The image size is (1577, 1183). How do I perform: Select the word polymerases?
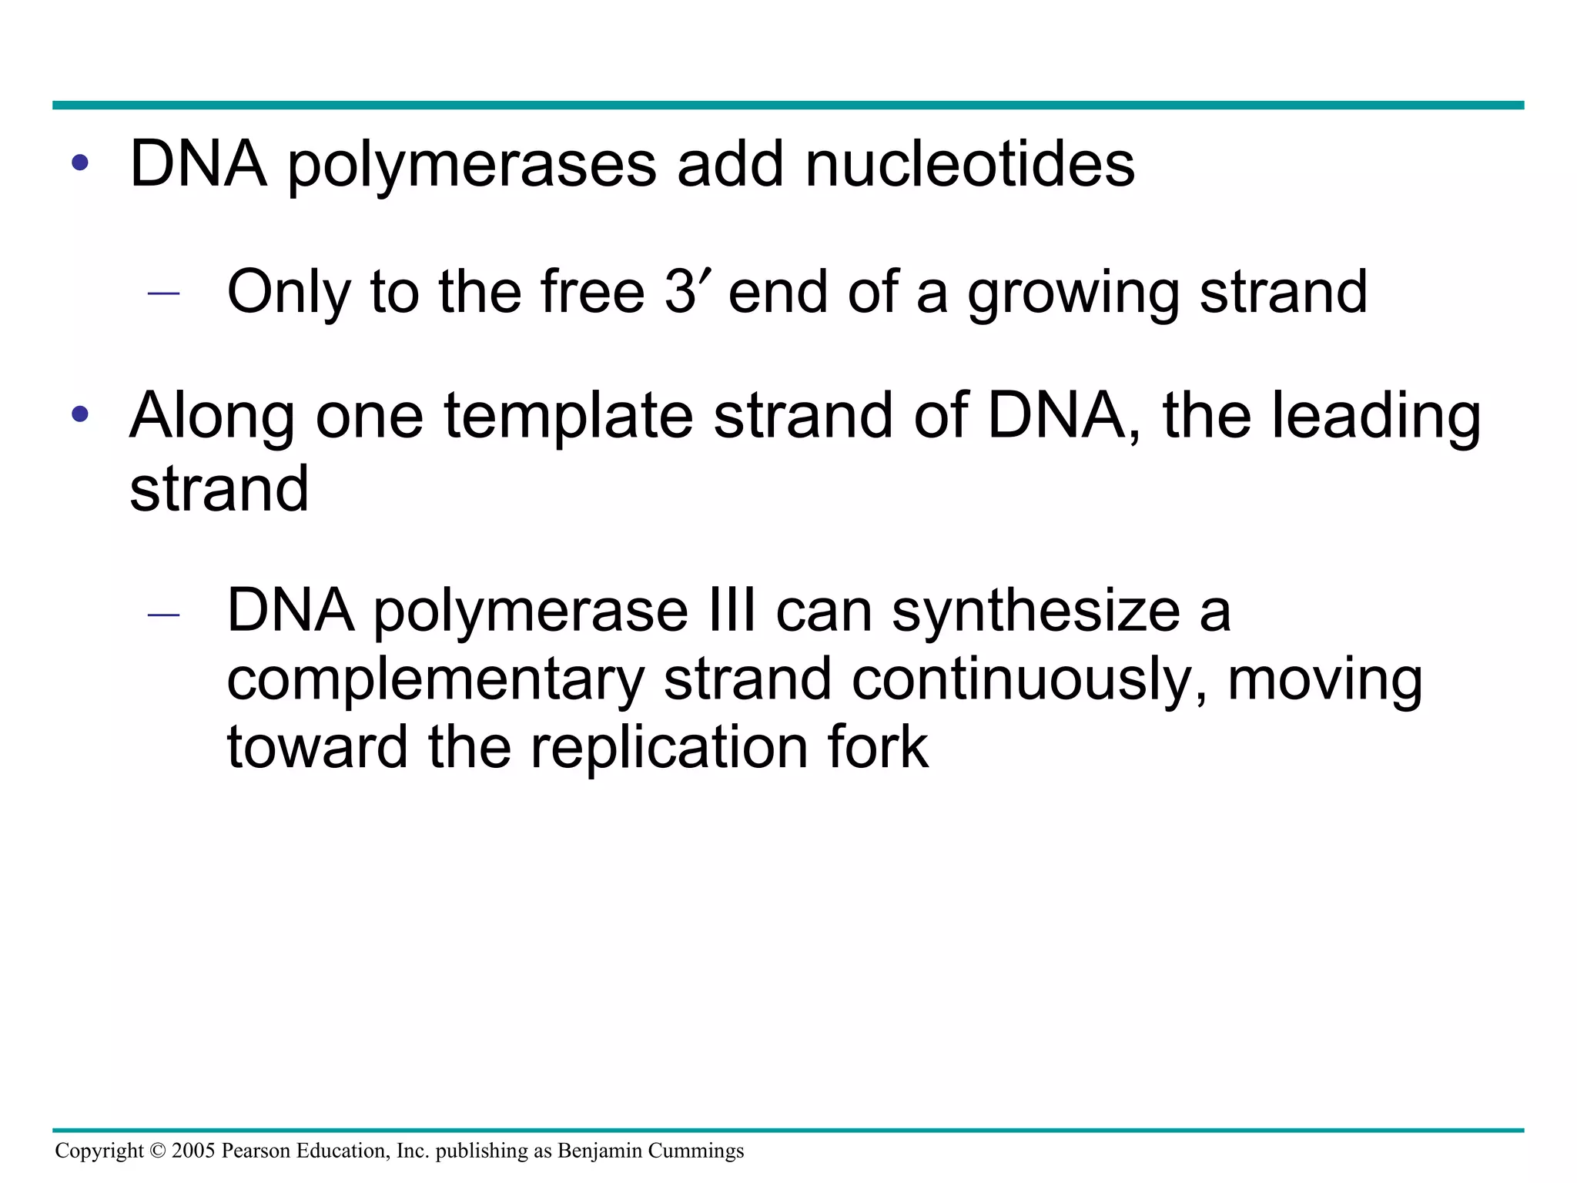[472, 166]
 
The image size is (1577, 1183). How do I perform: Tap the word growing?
[1073, 293]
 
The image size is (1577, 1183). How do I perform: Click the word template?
[568, 417]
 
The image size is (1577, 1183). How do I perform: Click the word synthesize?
[1036, 612]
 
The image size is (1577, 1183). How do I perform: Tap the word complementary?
[436, 681]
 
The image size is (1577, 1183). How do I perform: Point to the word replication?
[669, 748]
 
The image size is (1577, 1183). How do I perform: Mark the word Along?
[212, 417]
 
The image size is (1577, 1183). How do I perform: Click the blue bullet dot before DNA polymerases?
[80, 163]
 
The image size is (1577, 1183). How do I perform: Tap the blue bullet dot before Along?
[80, 414]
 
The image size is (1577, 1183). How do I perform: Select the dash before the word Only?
[163, 293]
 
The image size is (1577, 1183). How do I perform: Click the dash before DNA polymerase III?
[163, 615]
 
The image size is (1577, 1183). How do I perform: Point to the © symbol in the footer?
[157, 1151]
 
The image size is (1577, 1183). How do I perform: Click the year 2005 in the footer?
[193, 1151]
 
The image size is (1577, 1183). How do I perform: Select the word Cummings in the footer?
[696, 1151]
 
